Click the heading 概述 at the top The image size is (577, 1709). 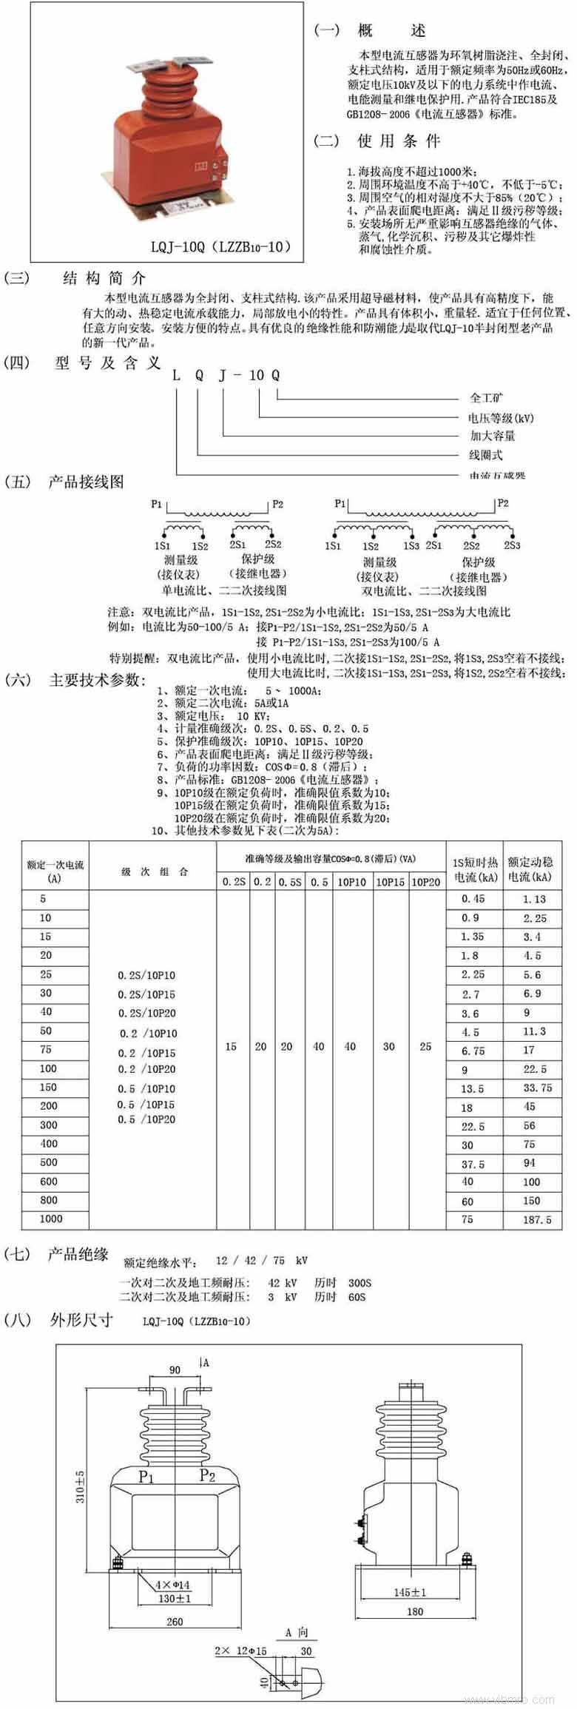(x=391, y=31)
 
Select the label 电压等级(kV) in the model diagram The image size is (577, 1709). (x=500, y=418)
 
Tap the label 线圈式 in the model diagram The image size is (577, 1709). (x=485, y=455)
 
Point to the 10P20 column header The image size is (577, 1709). (x=426, y=882)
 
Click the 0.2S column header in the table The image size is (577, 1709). (x=234, y=882)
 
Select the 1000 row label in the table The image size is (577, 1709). (x=51, y=1218)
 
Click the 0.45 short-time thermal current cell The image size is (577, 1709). (x=473, y=899)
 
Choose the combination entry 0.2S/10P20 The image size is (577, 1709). (x=146, y=1013)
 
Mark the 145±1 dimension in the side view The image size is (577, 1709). (x=410, y=1592)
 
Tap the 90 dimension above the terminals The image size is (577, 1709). (x=175, y=1370)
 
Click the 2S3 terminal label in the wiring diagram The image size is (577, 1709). (x=512, y=545)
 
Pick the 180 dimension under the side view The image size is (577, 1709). (x=415, y=1611)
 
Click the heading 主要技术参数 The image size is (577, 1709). (x=96, y=680)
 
